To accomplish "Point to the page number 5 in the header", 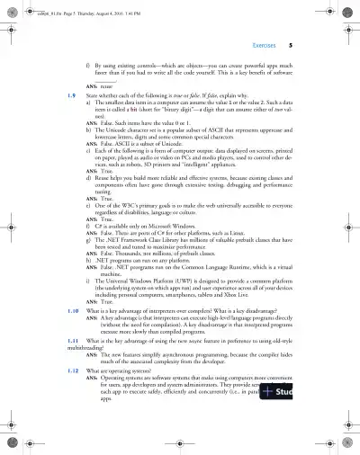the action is pos(304,43).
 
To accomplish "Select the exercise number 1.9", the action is pos(58,93).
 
